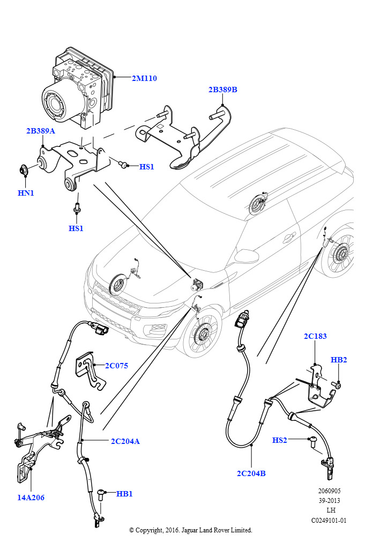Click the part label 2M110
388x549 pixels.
(x=144, y=78)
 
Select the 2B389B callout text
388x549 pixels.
(x=222, y=90)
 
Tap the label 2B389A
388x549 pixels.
(x=41, y=131)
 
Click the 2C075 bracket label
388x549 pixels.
(x=116, y=366)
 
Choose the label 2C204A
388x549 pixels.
(x=125, y=441)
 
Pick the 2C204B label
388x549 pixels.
(x=251, y=473)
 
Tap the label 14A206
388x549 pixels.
(x=30, y=498)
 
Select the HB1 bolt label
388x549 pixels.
(x=124, y=493)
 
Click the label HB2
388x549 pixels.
(x=339, y=360)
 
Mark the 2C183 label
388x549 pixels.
(x=315, y=336)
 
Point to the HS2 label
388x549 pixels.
(x=280, y=440)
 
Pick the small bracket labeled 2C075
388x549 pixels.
(x=88, y=370)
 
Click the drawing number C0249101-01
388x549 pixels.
(x=329, y=520)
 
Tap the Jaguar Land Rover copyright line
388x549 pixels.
(x=190, y=530)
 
